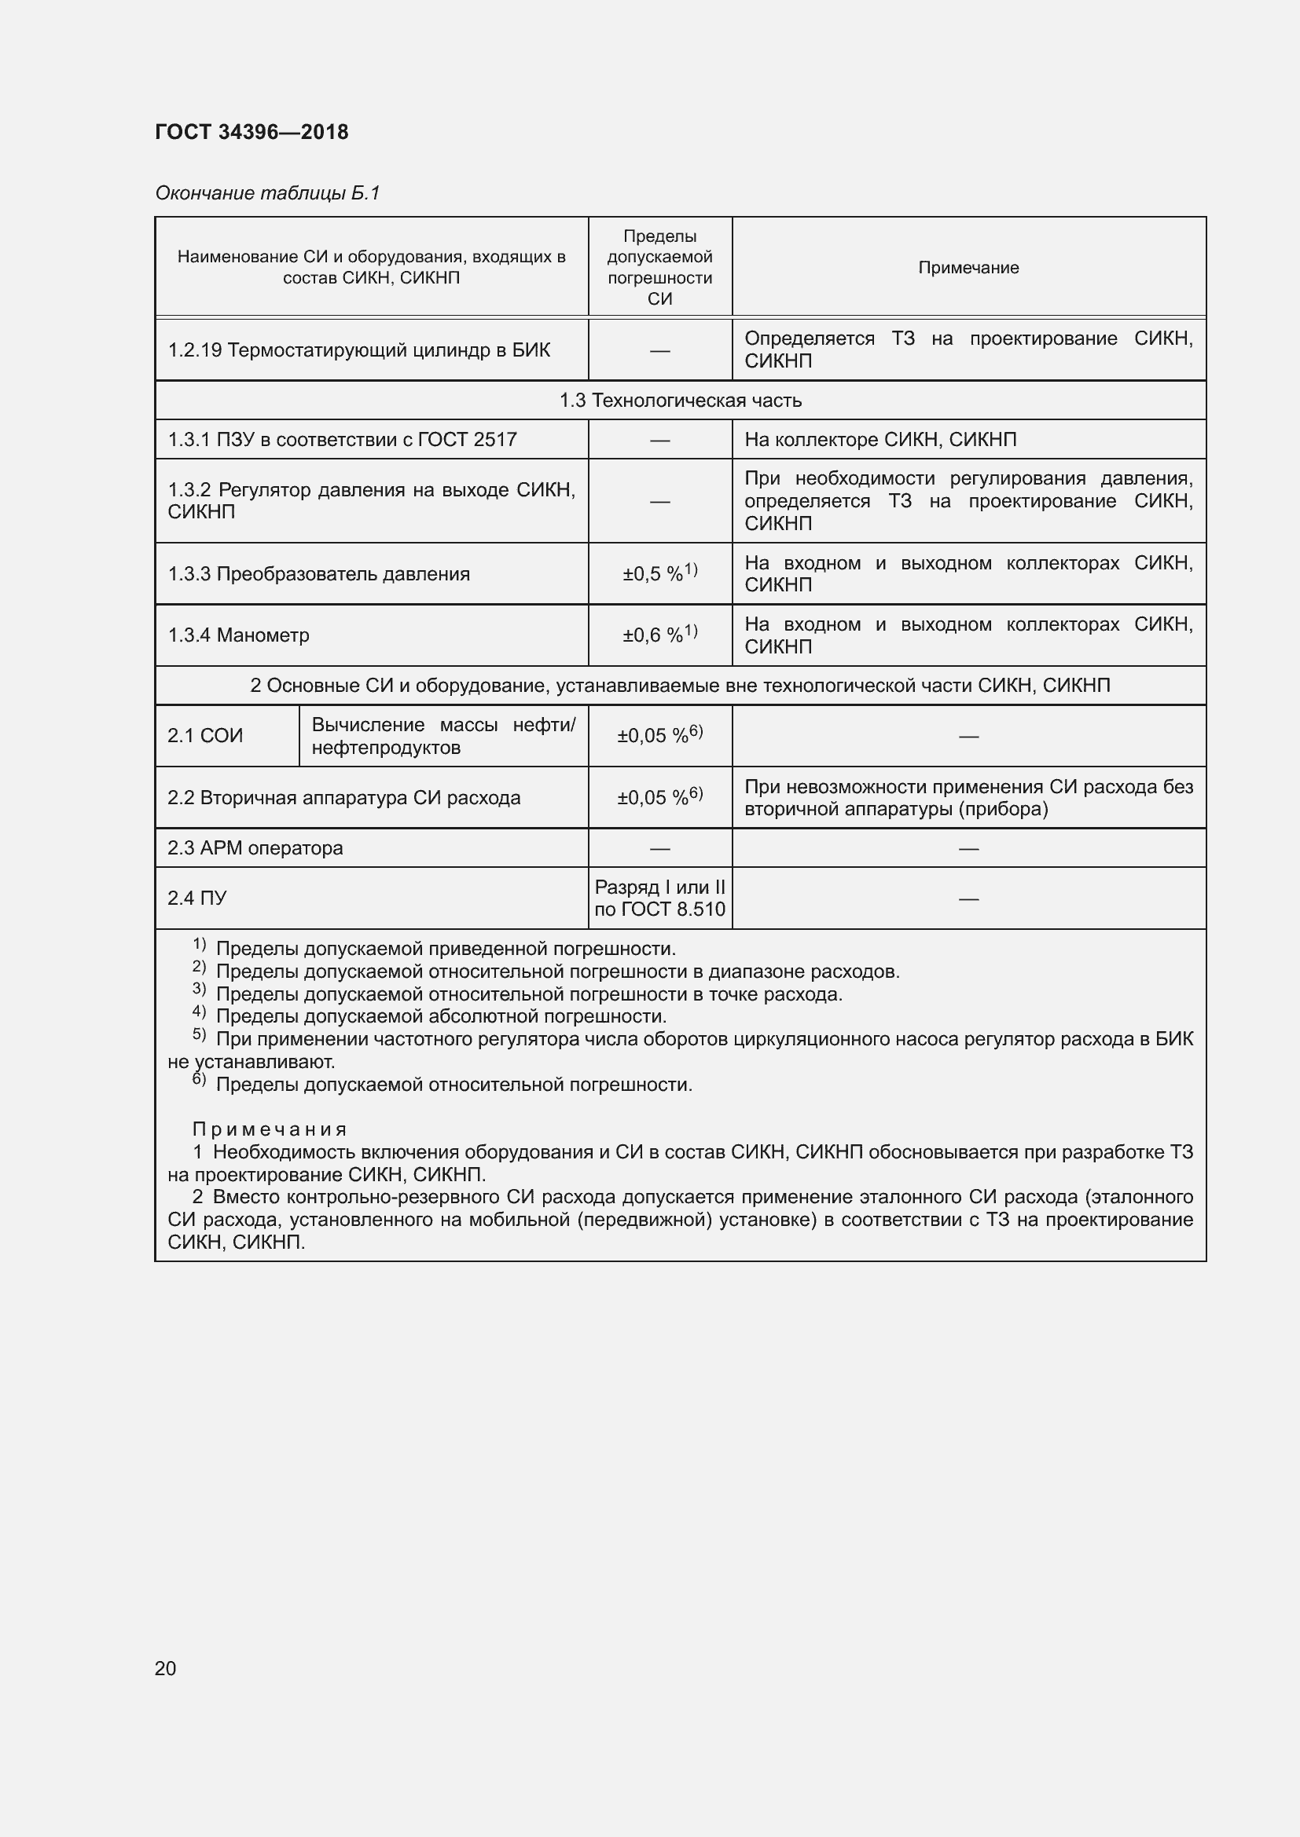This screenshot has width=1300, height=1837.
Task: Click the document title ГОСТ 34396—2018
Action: point(252,132)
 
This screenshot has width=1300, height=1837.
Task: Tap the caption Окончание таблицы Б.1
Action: point(267,193)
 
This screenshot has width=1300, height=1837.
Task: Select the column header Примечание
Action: point(968,268)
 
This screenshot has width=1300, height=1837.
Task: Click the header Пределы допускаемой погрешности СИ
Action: point(659,267)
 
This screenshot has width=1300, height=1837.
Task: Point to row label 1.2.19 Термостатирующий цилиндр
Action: point(358,350)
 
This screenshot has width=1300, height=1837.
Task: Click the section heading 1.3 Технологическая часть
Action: point(681,400)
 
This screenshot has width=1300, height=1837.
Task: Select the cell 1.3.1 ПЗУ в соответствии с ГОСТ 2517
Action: point(342,439)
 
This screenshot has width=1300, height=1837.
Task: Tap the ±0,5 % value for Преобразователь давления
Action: point(659,573)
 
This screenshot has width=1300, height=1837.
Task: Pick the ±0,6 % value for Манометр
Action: point(659,635)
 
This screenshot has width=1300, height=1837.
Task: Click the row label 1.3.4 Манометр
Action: point(239,635)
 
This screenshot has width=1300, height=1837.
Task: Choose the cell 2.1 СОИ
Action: point(205,735)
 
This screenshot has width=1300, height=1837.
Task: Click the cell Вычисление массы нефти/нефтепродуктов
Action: point(443,736)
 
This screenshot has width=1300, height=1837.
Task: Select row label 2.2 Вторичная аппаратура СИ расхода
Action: point(343,798)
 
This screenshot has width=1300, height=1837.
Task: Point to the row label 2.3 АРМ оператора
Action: point(255,848)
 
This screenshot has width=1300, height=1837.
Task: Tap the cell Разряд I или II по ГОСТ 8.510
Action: point(659,898)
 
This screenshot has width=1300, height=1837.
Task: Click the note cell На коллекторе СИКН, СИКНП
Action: point(880,439)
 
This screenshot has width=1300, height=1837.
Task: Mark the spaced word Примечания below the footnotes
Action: point(270,1129)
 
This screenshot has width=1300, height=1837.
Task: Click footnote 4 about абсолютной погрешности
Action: point(440,1017)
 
